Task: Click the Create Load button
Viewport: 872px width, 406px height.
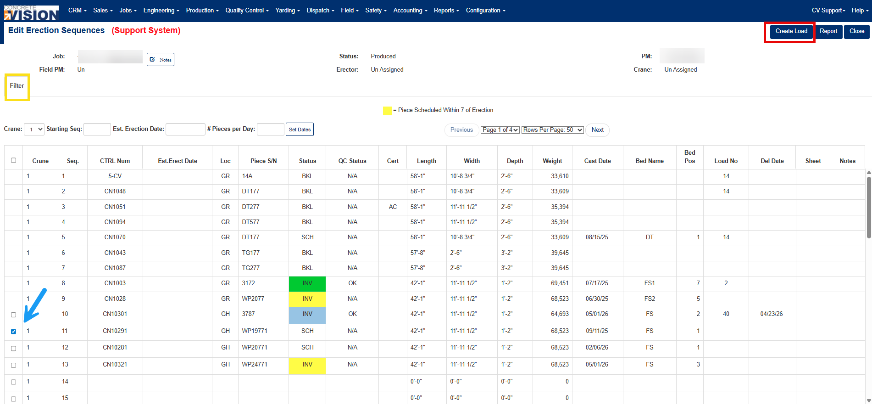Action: (791, 31)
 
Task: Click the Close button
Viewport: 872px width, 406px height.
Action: (856, 31)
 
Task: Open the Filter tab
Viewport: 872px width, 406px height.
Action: (17, 86)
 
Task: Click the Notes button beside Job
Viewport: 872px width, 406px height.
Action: (161, 59)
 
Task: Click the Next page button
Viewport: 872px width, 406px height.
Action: (597, 130)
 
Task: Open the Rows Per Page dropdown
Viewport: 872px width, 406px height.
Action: (553, 130)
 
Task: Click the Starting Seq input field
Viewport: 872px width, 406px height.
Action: (97, 129)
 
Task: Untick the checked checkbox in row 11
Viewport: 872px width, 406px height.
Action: (13, 331)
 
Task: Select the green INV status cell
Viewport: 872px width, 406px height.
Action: (307, 283)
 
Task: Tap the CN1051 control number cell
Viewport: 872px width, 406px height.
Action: (115, 207)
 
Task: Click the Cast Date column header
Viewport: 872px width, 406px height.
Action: (597, 161)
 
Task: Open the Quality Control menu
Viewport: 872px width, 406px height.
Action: (247, 11)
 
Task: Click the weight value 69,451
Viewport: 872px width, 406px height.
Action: (560, 283)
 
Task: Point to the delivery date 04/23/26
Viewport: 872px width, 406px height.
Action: (772, 314)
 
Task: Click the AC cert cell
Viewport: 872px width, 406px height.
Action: (393, 207)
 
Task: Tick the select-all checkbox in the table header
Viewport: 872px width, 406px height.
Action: (13, 160)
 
